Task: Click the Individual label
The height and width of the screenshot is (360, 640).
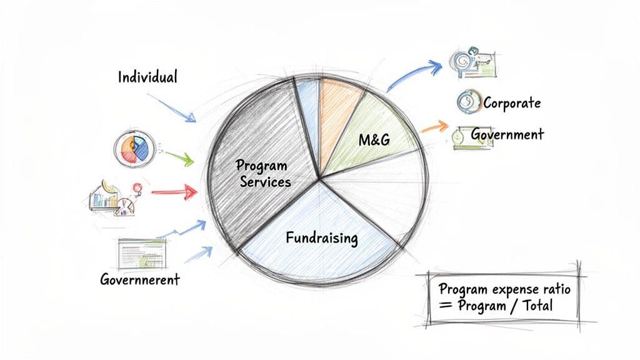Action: [147, 77]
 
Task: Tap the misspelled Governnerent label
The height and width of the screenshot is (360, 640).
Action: [140, 279]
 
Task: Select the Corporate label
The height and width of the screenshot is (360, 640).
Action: [512, 102]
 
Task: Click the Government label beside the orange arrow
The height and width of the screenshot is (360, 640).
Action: [507, 134]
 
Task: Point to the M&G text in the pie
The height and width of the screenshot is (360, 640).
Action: [374, 140]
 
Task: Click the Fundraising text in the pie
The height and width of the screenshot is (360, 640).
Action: [321, 238]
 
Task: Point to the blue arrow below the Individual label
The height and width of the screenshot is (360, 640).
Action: [170, 107]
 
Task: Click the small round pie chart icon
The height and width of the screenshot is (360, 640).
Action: [134, 149]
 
